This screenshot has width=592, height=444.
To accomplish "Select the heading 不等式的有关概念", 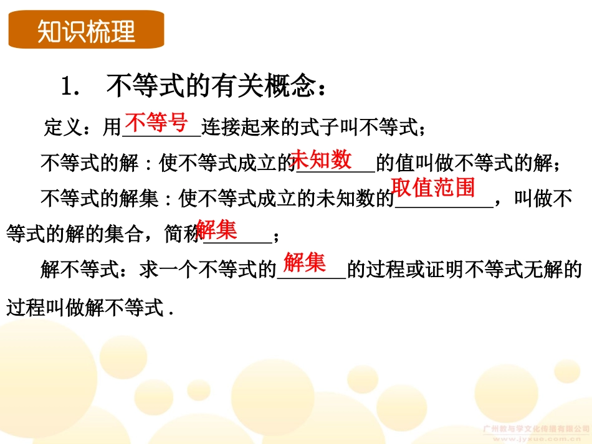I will pyautogui.click(x=208, y=87).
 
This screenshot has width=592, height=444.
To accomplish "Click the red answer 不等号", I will pyautogui.click(x=156, y=123).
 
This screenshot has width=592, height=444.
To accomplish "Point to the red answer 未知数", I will pyautogui.click(x=321, y=159).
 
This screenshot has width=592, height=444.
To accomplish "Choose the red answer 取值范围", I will pyautogui.click(x=433, y=187).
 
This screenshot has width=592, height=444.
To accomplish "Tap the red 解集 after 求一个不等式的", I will pyautogui.click(x=305, y=263).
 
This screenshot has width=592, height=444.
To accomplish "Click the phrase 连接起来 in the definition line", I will pyautogui.click(x=240, y=128).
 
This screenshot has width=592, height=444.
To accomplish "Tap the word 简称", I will pyautogui.click(x=181, y=235).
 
